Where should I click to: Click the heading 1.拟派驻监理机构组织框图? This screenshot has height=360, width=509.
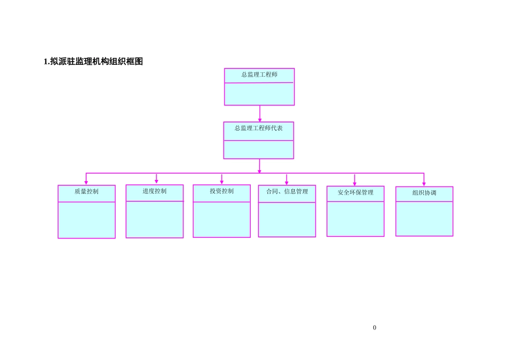click(93, 62)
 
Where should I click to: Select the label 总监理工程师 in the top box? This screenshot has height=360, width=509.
click(259, 74)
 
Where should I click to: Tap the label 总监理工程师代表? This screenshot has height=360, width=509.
click(259, 128)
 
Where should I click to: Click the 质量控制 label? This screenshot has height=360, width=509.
click(86, 191)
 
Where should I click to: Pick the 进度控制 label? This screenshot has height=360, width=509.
click(154, 191)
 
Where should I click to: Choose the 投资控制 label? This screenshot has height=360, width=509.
click(221, 191)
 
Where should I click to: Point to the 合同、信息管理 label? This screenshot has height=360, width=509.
click(287, 191)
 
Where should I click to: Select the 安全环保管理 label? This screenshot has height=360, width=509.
click(355, 192)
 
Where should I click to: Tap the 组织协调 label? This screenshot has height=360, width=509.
click(424, 193)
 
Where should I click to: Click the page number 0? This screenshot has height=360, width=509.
click(375, 328)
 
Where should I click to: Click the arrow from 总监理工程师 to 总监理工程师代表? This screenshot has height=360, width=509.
click(260, 113)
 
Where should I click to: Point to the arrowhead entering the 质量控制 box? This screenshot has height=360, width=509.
click(86, 182)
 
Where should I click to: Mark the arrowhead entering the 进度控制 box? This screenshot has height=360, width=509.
click(156, 182)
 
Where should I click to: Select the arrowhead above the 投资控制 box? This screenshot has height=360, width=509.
click(222, 182)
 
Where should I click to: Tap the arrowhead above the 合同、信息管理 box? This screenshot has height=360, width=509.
click(287, 183)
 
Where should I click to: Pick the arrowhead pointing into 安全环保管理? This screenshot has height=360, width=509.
click(355, 183)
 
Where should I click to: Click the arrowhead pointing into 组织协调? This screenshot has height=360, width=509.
click(424, 184)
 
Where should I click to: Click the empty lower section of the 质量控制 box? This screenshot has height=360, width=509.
click(86, 220)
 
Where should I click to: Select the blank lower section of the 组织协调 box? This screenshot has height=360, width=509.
click(424, 218)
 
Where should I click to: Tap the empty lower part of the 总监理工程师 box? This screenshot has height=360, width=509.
click(259, 94)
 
